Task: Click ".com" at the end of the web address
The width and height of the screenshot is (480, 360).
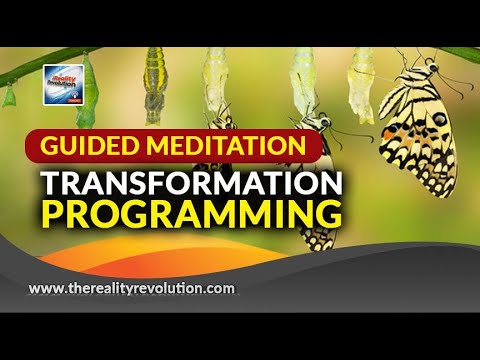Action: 220,289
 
